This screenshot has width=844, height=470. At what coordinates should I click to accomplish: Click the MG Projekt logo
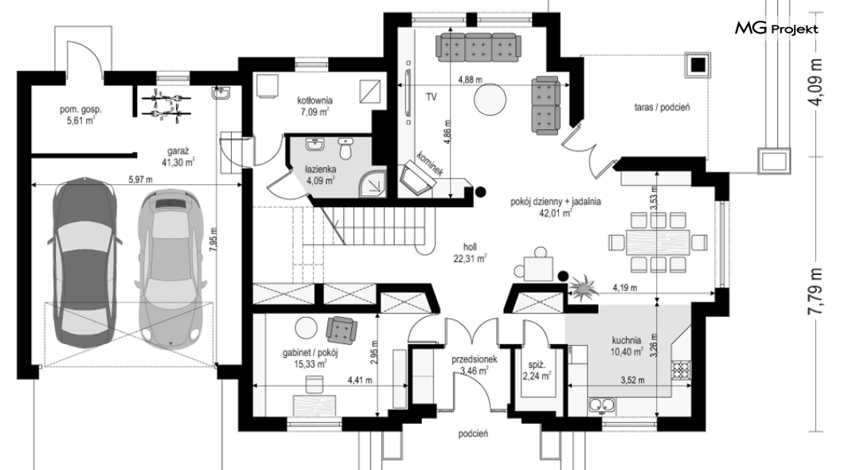coord(776,29)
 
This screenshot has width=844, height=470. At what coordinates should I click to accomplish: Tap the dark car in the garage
coord(85,261)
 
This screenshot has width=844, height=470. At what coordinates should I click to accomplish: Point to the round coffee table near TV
coord(490,99)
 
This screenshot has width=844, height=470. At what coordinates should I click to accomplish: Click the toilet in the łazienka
coord(346,148)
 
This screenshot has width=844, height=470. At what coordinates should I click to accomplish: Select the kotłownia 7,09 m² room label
coord(315,106)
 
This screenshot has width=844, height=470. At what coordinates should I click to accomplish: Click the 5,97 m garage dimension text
coord(139,180)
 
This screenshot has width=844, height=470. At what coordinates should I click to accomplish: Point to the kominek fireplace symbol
coord(416,178)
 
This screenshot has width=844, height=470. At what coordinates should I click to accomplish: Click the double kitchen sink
coord(601,404)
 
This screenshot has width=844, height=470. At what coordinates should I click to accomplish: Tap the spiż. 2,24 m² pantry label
coord(537,370)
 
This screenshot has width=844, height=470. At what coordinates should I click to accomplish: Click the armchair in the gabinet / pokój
coord(342,329)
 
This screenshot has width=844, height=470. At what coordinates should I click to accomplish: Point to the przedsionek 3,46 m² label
coord(474,365)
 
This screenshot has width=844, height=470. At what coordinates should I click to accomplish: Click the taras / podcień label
coord(662,107)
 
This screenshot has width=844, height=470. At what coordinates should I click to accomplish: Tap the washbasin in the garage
coord(221,94)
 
